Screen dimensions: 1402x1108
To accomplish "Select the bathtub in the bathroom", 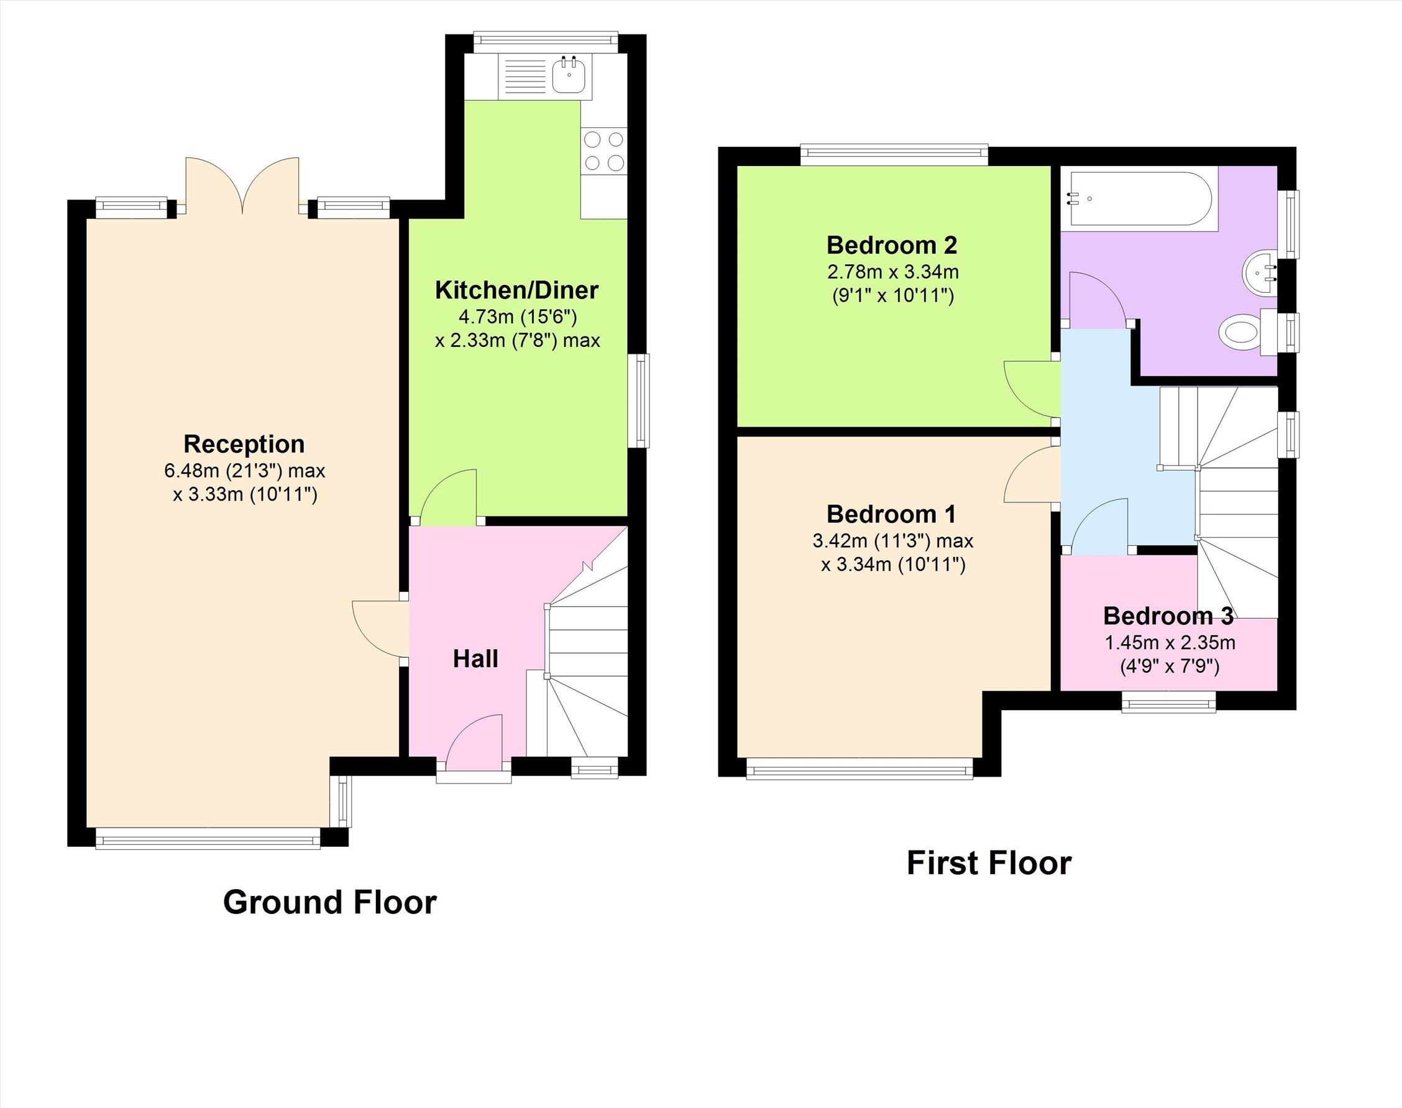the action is coord(1139,198).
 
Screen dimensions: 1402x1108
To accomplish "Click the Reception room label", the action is coord(244,445).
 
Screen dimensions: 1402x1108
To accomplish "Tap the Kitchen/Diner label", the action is coord(516,290).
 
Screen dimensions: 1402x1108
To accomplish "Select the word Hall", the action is coord(475,659).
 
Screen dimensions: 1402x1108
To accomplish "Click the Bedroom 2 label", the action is coord(892,245).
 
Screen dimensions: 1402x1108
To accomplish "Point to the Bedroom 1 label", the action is coord(891,514).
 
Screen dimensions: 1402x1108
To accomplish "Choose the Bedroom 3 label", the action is coord(1168,616).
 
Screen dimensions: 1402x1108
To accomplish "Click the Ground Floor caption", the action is coord(329,902).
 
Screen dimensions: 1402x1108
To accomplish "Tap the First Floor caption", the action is coord(989,864).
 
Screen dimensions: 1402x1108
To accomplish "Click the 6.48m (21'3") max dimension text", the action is coord(244,470).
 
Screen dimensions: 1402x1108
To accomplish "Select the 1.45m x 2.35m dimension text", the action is coord(1170,643).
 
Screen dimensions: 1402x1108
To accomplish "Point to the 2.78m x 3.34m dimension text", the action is coord(893,272).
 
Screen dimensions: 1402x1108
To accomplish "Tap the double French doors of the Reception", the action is coord(242,187).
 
